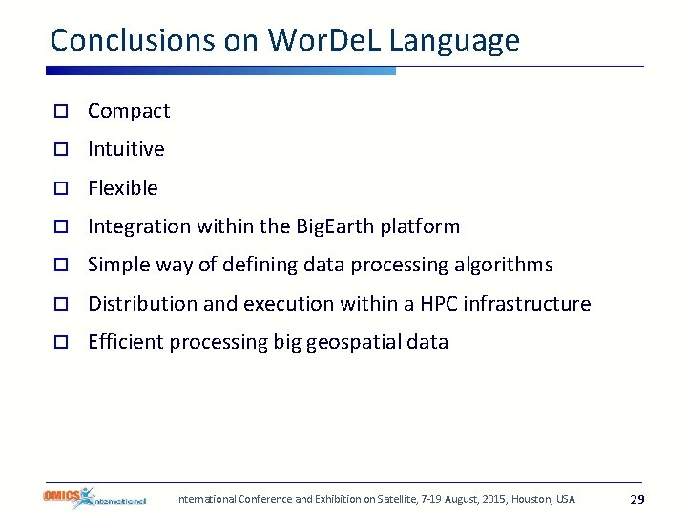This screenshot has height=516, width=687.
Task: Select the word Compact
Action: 129,111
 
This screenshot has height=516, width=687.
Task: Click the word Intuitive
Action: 126,149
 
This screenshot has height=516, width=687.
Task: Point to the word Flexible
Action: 123,188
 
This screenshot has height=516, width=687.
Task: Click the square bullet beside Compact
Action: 59,112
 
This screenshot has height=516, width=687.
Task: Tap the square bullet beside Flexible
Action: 59,188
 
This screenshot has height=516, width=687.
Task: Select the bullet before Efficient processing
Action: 59,342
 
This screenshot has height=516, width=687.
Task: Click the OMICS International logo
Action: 94,498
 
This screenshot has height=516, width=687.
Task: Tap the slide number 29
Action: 637,500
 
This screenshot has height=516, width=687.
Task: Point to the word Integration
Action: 139,226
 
